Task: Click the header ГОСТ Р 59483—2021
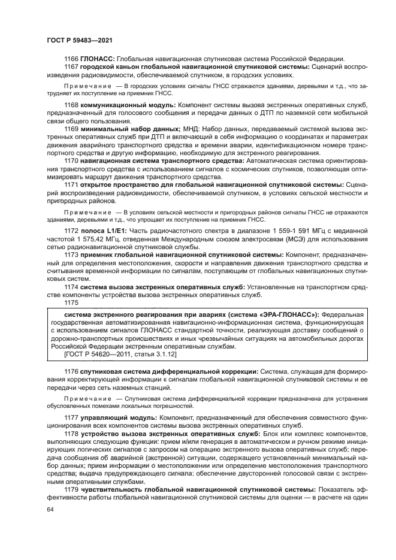(x=80, y=40)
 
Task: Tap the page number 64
(x=50, y=509)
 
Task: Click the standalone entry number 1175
(x=71, y=302)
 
